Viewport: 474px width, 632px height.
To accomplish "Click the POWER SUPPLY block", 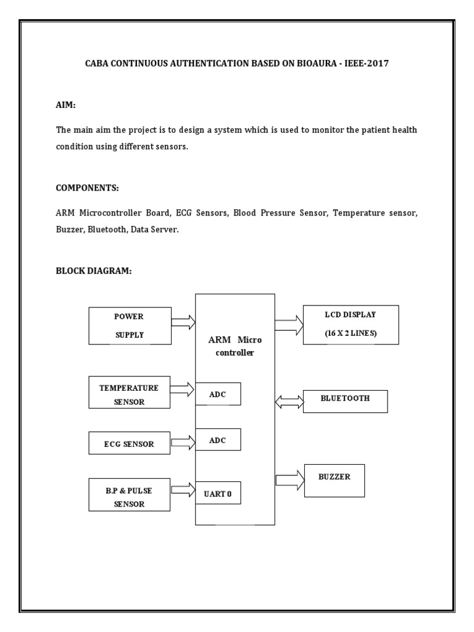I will (129, 325).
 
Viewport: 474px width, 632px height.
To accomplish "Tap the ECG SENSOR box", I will (129, 443).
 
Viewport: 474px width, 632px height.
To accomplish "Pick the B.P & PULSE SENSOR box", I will (129, 494).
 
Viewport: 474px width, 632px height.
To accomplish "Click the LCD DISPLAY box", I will (351, 325).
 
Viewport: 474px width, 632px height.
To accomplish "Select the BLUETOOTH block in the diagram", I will (345, 401).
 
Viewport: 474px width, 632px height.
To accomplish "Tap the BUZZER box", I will (334, 480).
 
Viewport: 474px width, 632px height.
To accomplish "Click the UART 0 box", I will (218, 493).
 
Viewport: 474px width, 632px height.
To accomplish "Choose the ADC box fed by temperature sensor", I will (218, 394).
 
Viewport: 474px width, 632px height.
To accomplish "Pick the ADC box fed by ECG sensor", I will (218, 440).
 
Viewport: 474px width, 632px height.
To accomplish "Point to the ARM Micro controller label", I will (235, 346).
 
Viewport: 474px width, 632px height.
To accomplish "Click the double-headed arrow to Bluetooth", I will (289, 402).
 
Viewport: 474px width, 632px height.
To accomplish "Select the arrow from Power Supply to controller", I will (183, 322).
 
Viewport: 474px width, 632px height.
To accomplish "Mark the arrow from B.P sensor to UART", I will (183, 490).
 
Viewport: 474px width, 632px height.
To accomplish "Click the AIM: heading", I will (66, 106).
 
